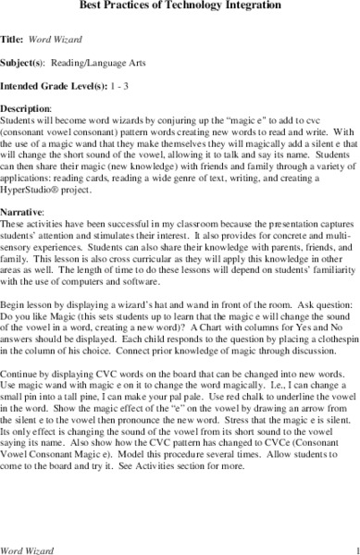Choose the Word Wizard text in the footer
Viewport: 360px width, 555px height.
(29, 549)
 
